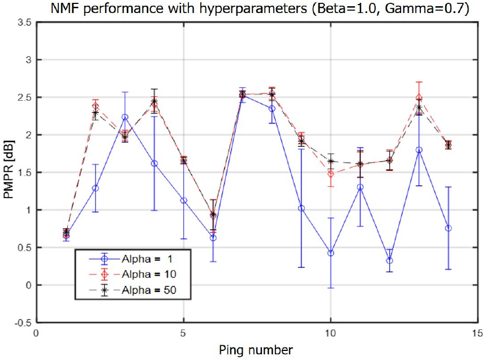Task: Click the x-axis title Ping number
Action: (x=256, y=349)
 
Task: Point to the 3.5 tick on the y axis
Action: (x=24, y=22)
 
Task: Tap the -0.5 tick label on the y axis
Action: (x=23, y=322)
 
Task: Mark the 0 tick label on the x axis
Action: (x=36, y=333)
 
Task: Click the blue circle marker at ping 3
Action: (x=125, y=117)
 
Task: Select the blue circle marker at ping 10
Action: (x=330, y=253)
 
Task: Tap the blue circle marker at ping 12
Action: (x=390, y=260)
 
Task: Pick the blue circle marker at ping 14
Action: (x=449, y=228)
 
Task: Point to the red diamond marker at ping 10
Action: (x=330, y=174)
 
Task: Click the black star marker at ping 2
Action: (x=96, y=113)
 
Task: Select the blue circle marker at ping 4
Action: (x=154, y=164)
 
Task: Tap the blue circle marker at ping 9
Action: (x=302, y=208)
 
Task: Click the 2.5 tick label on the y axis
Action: (x=24, y=97)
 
